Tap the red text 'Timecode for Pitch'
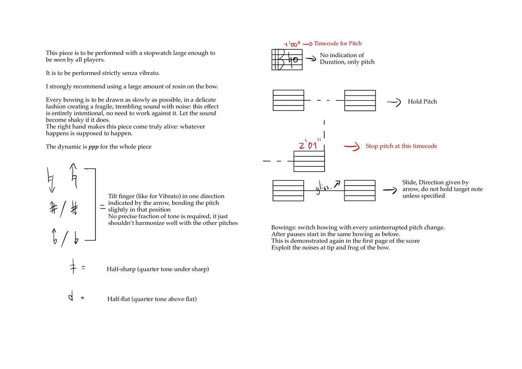point(338,44)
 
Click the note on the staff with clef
point(292,60)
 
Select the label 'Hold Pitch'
point(422,102)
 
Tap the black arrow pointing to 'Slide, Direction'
point(389,190)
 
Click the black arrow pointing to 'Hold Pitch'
point(394,102)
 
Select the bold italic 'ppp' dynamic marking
point(93,147)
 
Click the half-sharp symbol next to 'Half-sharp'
point(73,268)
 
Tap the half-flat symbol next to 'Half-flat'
point(71,298)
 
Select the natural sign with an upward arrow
point(73,173)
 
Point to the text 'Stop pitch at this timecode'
point(401,146)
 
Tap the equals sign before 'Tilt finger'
point(102,208)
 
